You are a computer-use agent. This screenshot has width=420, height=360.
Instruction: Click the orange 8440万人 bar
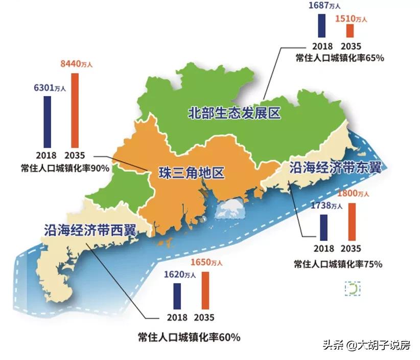pos(75,110)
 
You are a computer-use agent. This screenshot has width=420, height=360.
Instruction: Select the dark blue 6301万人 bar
pos(47,122)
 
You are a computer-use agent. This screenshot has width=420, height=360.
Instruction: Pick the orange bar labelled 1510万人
pos(349,31)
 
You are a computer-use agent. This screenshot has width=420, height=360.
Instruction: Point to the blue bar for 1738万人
pos(323,228)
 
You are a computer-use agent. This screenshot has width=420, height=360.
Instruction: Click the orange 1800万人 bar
pos(351,221)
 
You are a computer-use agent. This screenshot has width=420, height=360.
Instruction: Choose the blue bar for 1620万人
pos(177,296)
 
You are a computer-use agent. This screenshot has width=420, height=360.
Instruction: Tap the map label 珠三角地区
pos(185,173)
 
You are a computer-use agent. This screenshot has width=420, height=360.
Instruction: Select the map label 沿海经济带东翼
pos(335,168)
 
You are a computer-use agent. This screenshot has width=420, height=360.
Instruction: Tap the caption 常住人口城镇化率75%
pos(338,264)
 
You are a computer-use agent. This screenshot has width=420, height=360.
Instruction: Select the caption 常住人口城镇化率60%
pos(189,337)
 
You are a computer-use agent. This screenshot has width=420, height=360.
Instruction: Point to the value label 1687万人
pos(324,6)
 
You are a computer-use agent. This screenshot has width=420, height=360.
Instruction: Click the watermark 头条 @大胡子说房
pos(366,345)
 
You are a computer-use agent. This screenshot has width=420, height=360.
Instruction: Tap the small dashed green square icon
pos(353,289)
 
